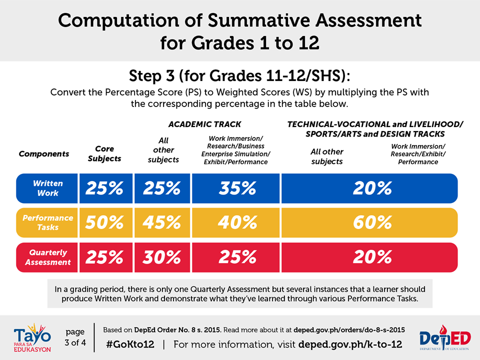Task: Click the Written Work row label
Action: pos(46,188)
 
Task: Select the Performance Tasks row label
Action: pos(47,222)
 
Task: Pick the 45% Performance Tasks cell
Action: pos(162,222)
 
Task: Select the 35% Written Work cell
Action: pos(237,188)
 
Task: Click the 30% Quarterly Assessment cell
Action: pos(162,257)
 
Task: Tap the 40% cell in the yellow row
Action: pos(237,222)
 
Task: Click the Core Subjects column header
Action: pos(104,153)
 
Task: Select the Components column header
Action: pos(44,153)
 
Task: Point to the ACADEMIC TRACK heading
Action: pos(204,124)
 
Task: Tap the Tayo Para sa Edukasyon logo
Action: pos(31,337)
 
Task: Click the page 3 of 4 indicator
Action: pos(75,337)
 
